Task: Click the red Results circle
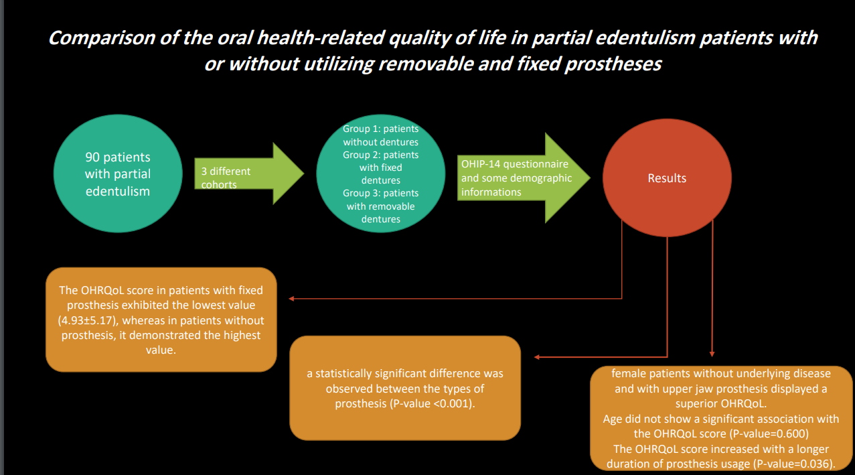point(667,178)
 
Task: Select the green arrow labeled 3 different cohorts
point(249,174)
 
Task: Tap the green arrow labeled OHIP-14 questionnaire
point(524,178)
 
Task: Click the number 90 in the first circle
point(92,157)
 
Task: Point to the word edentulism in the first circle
point(118,191)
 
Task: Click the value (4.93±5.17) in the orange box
point(86,320)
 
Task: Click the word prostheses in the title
point(613,64)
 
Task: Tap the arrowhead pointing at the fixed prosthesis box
point(291,299)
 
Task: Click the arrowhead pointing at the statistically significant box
point(537,357)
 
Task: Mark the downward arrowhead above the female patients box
point(712,354)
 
